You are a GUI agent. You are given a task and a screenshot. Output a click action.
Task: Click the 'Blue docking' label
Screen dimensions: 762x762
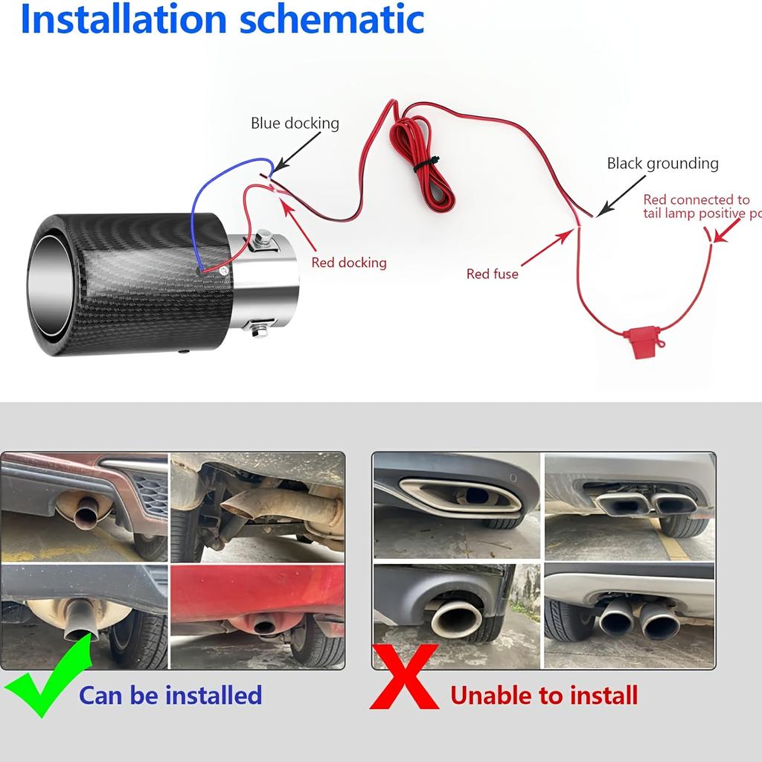(x=295, y=123)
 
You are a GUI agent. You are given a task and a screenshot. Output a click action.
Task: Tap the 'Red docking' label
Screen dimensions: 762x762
(x=349, y=262)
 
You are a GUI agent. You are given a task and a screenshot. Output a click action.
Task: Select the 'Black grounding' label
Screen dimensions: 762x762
(x=662, y=163)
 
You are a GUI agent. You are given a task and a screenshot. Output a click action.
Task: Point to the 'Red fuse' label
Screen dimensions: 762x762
(x=492, y=274)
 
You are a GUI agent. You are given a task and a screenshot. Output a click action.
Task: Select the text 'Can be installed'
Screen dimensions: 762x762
(x=170, y=695)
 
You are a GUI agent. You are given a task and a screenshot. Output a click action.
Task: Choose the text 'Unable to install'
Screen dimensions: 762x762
(x=544, y=695)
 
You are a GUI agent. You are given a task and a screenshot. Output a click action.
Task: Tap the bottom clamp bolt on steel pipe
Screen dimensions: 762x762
(x=260, y=327)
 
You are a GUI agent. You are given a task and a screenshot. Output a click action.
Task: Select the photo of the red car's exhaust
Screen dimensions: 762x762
(x=257, y=615)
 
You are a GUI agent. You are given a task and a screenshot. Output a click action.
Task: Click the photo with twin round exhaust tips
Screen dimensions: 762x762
(x=630, y=615)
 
